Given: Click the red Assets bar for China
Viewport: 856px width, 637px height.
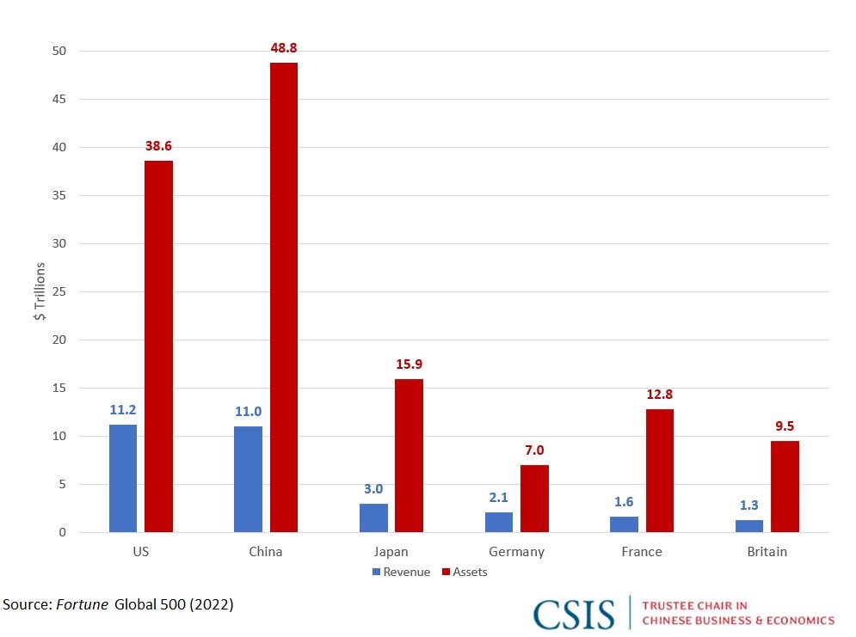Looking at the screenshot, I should pyautogui.click(x=284, y=297).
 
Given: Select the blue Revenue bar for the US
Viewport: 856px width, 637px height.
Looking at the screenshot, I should pyautogui.click(x=123, y=478).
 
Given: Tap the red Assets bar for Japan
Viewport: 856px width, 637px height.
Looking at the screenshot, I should pyautogui.click(x=409, y=456).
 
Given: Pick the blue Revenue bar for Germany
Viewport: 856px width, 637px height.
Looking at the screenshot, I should pyautogui.click(x=499, y=522).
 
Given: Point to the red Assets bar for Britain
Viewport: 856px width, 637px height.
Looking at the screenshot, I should pyautogui.click(x=785, y=487).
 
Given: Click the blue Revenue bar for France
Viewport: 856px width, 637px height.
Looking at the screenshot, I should pyautogui.click(x=625, y=524).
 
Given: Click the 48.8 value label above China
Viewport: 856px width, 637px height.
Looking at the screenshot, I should pyautogui.click(x=284, y=49).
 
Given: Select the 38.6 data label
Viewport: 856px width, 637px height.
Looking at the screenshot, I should pyautogui.click(x=158, y=146).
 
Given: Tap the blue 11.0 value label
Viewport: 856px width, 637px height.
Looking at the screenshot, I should pyautogui.click(x=248, y=412).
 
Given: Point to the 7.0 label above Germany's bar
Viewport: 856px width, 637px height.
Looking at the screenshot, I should pyautogui.click(x=534, y=450).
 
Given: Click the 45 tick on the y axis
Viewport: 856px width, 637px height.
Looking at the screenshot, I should pyautogui.click(x=59, y=99).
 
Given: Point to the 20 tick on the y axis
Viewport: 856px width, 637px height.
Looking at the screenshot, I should pyautogui.click(x=59, y=340).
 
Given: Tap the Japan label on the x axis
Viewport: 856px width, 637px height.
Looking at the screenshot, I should pyautogui.click(x=391, y=552).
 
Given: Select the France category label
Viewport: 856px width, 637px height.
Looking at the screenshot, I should pyautogui.click(x=642, y=552).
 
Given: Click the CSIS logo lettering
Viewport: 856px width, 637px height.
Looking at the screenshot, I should pyautogui.click(x=574, y=615).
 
